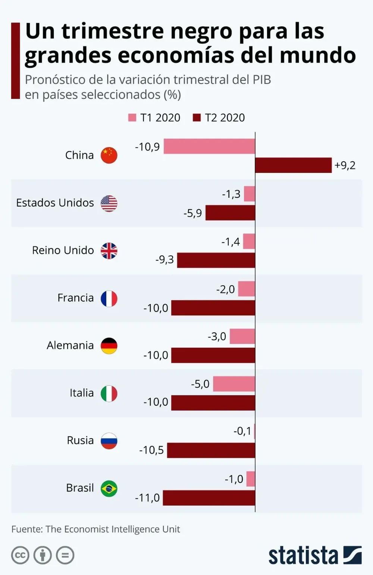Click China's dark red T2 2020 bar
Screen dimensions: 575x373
(x=293, y=165)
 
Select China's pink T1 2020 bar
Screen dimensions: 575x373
(x=209, y=146)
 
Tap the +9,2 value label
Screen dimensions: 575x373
(x=345, y=165)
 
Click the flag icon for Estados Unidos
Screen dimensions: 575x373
(x=109, y=203)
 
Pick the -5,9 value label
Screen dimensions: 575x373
(x=192, y=213)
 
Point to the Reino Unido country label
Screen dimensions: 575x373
(x=63, y=250)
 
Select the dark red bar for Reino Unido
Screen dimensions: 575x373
(x=216, y=260)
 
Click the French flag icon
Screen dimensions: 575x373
(x=109, y=298)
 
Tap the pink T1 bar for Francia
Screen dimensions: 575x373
(x=247, y=289)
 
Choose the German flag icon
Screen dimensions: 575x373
(x=109, y=346)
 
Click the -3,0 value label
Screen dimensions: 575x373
(x=217, y=337)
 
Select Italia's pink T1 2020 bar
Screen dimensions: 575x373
(x=234, y=384)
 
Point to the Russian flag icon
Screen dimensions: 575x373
(x=109, y=441)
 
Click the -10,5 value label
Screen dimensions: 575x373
(x=151, y=450)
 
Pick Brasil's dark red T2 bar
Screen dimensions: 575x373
(x=209, y=498)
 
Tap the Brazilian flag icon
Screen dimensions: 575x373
(x=109, y=489)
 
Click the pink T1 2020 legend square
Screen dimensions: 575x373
(x=132, y=118)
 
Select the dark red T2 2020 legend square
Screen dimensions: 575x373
(x=197, y=118)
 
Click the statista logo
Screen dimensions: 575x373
(x=315, y=555)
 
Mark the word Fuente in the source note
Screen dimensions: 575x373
(x=27, y=529)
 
